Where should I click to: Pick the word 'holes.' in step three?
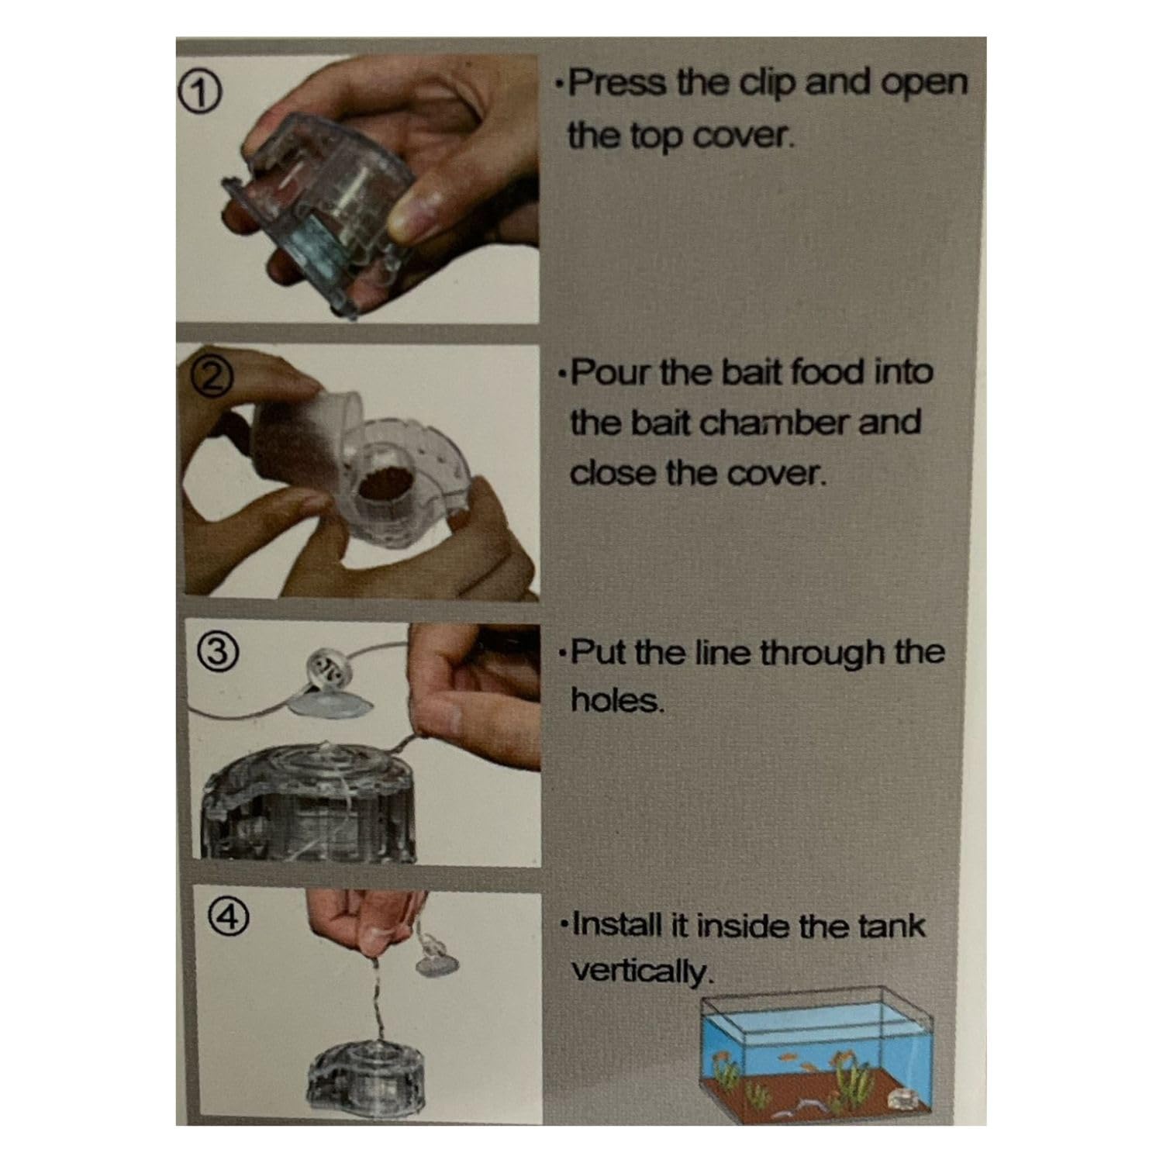coord(618,702)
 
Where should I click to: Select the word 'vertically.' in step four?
coord(640,971)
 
